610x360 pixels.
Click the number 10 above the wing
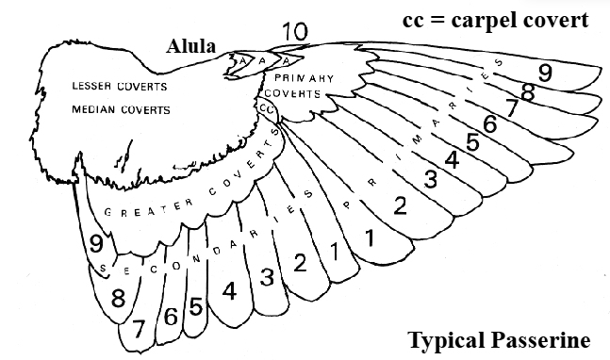294,32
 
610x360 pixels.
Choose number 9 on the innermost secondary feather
96,243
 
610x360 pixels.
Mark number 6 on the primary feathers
489,123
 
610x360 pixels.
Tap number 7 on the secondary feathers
140,328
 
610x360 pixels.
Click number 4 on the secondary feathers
229,291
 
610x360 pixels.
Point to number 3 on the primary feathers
431,178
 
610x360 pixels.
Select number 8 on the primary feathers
528,92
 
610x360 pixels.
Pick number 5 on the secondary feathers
195,306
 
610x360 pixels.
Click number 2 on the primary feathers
400,205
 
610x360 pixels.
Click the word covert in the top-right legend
557,20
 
